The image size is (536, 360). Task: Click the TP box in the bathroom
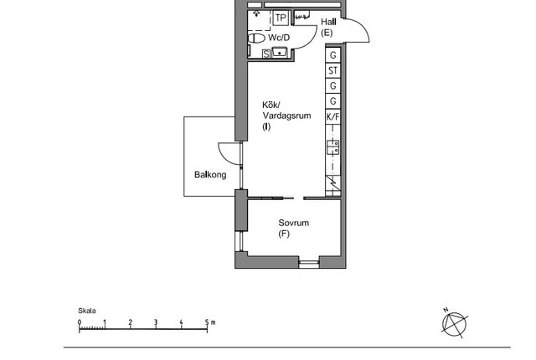click(281, 18)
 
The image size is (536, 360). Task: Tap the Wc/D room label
click(279, 38)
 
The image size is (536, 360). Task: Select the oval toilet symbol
click(256, 39)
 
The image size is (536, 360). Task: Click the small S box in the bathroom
click(266, 54)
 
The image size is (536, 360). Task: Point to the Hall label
click(328, 22)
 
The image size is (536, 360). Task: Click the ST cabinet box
click(333, 70)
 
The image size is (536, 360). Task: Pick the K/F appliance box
click(333, 117)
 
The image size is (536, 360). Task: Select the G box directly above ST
click(333, 55)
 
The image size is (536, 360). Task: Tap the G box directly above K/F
click(333, 101)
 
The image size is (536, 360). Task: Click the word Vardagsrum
click(286, 116)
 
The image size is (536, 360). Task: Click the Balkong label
click(210, 174)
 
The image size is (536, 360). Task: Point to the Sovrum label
click(294, 223)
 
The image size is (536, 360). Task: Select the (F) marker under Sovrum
click(284, 234)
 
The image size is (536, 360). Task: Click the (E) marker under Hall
click(327, 33)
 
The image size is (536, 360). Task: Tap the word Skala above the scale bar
click(87, 311)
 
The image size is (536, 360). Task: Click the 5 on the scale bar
click(207, 321)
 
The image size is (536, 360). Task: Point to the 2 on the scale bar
click(131, 321)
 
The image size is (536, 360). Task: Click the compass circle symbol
click(454, 323)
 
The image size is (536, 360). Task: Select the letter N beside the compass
click(446, 310)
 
